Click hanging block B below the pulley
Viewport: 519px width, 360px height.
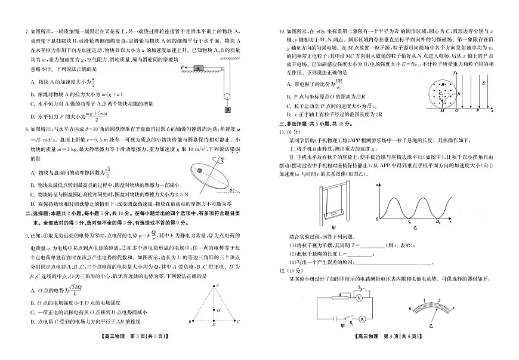[x=228, y=110]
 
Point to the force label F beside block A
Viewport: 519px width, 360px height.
[x=183, y=67]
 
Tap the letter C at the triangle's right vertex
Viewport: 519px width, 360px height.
[x=238, y=322]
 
